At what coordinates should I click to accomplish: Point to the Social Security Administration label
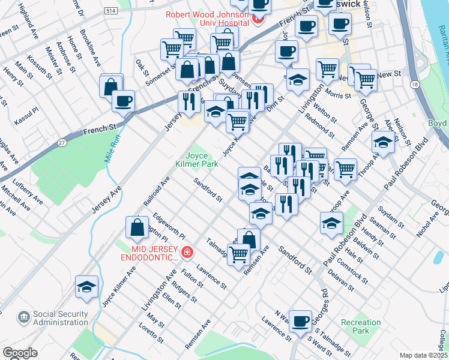61,318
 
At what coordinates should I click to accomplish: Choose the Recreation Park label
360,327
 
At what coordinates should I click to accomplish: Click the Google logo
20,353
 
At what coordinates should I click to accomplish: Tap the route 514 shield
110,11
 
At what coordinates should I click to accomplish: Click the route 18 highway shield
415,85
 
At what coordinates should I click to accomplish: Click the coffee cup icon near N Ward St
300,320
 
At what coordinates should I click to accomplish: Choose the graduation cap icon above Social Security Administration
87,287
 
